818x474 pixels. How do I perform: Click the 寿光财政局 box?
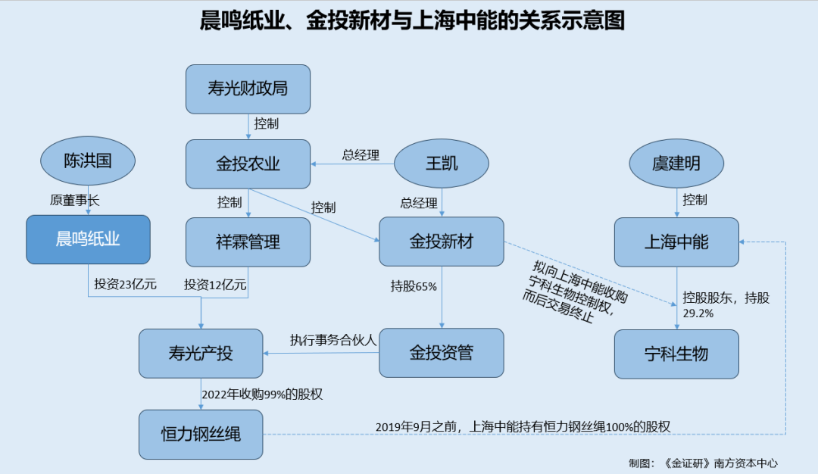[x=248, y=89]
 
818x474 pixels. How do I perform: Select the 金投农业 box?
[x=248, y=164]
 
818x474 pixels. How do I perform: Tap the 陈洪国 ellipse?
[x=88, y=161]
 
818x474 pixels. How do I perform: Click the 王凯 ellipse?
[x=442, y=164]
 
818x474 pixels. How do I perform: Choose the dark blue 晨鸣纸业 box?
[x=88, y=240]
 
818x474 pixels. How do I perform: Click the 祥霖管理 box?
[x=248, y=242]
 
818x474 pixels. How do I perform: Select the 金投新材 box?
[x=442, y=242]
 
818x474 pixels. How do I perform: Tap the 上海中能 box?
[x=676, y=242]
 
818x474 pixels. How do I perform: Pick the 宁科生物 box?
[x=676, y=354]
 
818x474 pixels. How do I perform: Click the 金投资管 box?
[x=442, y=353]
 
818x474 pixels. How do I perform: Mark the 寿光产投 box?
[x=201, y=354]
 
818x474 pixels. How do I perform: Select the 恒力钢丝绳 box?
[x=201, y=435]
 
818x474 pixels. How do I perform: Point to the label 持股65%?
[x=414, y=286]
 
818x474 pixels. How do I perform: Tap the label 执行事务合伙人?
[x=333, y=340]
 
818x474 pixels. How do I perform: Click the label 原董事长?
[x=75, y=201]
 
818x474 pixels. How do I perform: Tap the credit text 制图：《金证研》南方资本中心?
[x=703, y=463]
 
